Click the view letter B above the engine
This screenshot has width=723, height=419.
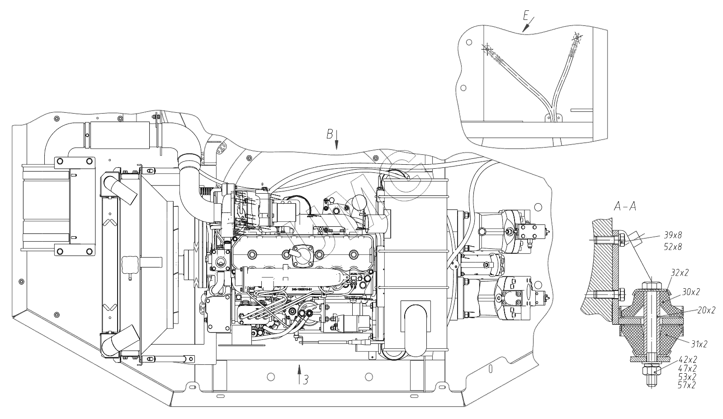pyautogui.click(x=330, y=134)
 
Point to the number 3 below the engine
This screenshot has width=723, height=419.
pyautogui.click(x=306, y=380)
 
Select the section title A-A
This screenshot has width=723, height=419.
pyautogui.click(x=625, y=206)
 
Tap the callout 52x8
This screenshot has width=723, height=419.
pyautogui.click(x=673, y=247)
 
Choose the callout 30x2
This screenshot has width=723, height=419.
pyautogui.click(x=690, y=292)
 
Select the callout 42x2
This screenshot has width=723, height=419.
pyautogui.click(x=687, y=360)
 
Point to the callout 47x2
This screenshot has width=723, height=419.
pyautogui.click(x=687, y=368)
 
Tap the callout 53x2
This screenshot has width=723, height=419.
pyautogui.click(x=687, y=376)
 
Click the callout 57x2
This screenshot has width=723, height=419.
pyautogui.click(x=687, y=385)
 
